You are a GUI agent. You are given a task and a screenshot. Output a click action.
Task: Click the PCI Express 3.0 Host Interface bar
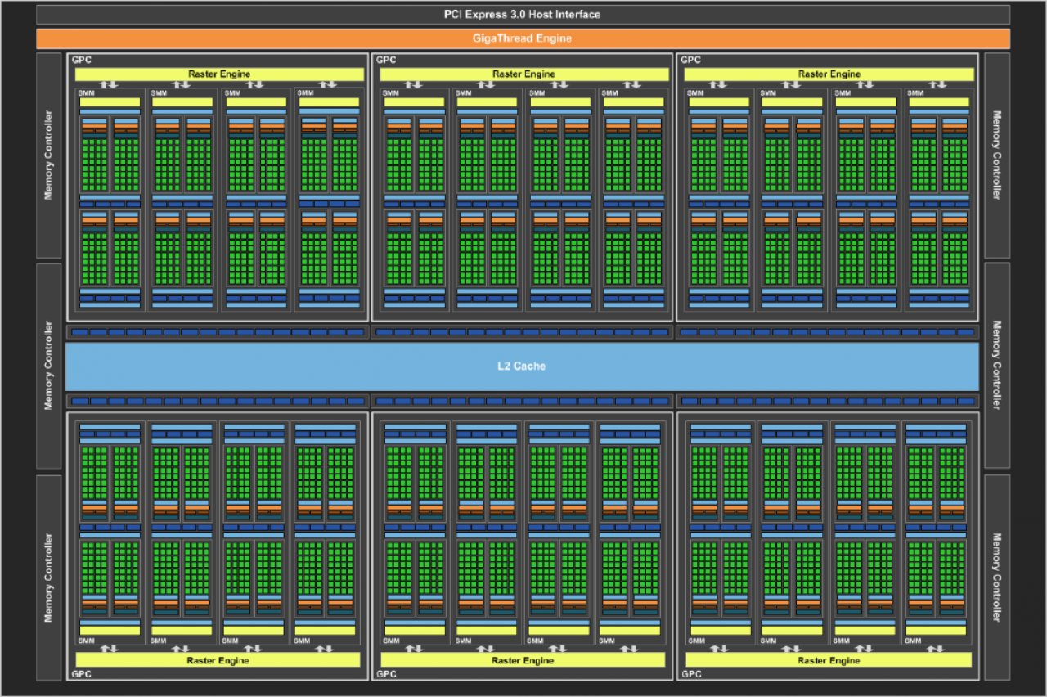coord(523,15)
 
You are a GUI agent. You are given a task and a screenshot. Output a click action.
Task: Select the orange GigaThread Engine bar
coord(523,38)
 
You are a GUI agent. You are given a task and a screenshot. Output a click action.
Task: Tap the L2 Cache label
coord(522,366)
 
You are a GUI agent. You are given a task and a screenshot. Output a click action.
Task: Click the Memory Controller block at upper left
coord(48,155)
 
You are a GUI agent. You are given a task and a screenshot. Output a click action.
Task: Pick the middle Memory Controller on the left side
coord(48,366)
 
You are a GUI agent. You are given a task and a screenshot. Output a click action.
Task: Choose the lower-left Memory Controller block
coord(48,578)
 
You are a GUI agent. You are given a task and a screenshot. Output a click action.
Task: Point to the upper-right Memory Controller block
coord(997,155)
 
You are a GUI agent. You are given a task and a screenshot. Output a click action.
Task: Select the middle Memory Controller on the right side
coord(997,365)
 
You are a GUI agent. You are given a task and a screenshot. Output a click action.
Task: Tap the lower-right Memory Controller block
coord(997,578)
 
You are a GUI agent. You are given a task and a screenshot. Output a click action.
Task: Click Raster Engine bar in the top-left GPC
coord(219,74)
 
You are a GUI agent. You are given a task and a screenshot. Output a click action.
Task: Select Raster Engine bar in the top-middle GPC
coord(524,74)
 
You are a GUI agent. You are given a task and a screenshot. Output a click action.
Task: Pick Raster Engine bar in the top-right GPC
coord(829,74)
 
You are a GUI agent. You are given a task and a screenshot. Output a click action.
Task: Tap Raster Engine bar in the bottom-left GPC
coord(218,660)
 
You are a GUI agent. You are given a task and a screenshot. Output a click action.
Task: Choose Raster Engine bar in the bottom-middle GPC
coord(523,660)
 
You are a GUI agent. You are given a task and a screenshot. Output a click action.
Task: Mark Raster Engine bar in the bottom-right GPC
coord(829,660)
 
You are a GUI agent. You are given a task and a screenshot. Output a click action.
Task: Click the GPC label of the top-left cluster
coord(82,60)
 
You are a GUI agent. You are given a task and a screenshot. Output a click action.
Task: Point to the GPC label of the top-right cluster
coord(691,60)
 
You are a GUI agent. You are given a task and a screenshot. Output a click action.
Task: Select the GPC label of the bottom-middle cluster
coord(387,674)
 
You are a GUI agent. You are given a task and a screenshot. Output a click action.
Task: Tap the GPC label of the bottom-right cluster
coord(692,674)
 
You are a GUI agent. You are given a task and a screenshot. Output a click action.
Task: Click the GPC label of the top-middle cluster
coord(386,60)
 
